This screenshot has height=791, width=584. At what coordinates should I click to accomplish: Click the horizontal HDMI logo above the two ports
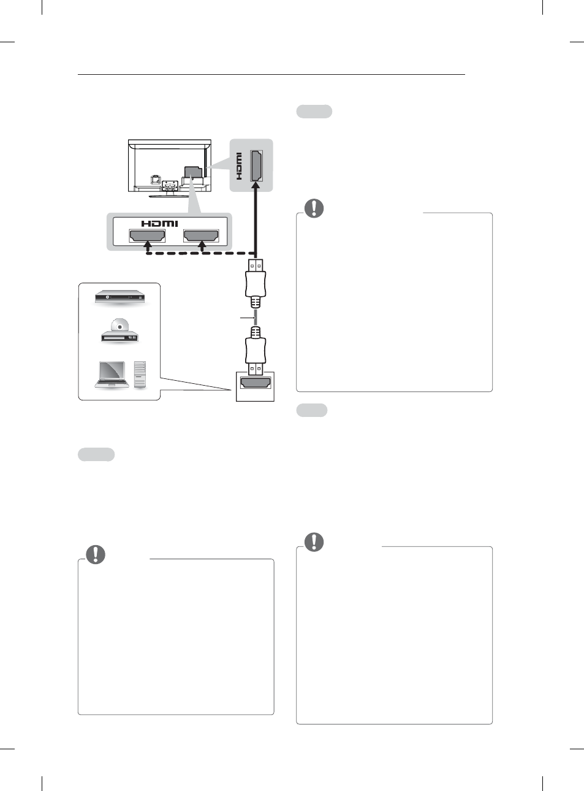pos(159,224)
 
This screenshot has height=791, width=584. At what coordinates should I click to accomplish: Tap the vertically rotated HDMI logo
pos(239,166)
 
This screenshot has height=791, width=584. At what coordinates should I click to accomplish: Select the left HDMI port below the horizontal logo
pos(147,235)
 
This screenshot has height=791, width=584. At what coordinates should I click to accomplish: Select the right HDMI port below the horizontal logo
pos(201,235)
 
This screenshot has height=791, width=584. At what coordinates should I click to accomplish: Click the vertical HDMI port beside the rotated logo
pos(257,165)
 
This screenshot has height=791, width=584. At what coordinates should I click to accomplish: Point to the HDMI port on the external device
pos(256,383)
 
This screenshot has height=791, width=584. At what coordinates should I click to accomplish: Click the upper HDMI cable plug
pos(256,281)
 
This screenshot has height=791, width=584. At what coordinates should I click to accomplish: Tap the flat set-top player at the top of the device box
pos(119,297)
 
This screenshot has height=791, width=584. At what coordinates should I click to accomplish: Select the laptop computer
pos(112,374)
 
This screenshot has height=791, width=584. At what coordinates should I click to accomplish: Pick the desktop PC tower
pos(140,374)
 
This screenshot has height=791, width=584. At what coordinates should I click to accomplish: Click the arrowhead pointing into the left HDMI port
pos(147,245)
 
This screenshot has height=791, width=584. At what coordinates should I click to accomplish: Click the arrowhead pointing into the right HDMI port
pos(201,245)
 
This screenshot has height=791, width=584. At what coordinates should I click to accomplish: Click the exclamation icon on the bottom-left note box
pos(96,554)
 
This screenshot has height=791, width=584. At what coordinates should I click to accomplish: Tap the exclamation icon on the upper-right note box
pos(314,208)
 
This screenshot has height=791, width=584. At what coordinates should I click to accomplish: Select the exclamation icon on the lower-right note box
pos(314,542)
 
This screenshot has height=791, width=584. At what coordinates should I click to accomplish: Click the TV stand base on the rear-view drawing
pos(169,196)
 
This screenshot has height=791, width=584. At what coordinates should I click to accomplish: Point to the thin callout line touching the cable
pos(246,318)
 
